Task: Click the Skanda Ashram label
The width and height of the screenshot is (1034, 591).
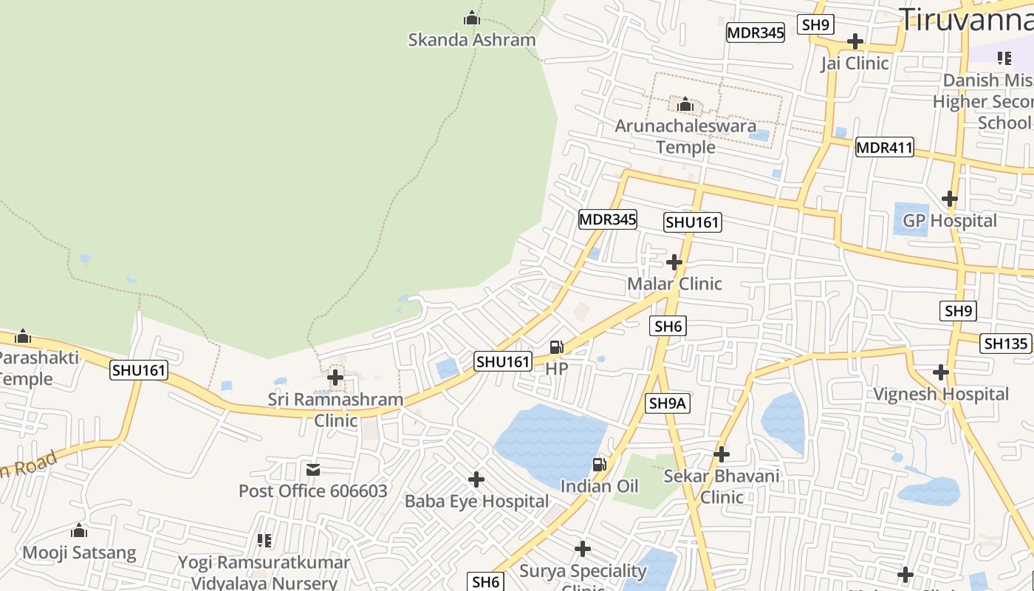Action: tap(472, 40)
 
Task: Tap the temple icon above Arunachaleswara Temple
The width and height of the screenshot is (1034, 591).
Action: tap(685, 104)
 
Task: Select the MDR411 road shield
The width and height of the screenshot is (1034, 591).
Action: tap(884, 148)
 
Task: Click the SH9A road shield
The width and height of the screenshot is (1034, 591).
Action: tap(668, 403)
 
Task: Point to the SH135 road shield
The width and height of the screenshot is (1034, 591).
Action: tap(1005, 344)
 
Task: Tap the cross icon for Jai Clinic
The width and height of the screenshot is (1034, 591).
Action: tap(855, 41)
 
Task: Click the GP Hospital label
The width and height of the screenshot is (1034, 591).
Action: tap(950, 221)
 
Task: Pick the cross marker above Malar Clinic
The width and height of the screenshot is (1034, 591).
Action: tap(674, 262)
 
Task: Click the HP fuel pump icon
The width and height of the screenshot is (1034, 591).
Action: tap(557, 346)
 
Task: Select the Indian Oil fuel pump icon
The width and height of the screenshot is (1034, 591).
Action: tap(599, 464)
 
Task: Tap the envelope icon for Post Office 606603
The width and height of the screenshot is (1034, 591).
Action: tap(313, 469)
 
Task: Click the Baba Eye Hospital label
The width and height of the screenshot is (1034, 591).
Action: tap(476, 502)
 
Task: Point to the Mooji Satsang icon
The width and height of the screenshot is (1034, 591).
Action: tap(79, 530)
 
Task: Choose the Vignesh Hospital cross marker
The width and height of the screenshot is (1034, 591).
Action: tap(940, 372)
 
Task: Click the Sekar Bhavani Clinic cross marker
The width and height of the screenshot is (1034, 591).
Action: tap(722, 454)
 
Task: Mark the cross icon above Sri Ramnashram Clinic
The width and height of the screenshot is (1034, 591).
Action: tap(335, 378)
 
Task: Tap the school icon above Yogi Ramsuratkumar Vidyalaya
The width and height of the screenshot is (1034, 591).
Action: tap(264, 540)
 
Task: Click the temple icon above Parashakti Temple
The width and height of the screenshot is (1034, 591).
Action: tap(23, 337)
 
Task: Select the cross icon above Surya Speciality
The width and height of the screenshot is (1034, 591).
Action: tap(583, 549)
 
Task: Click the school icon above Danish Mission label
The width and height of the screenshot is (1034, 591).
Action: tap(1004, 58)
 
